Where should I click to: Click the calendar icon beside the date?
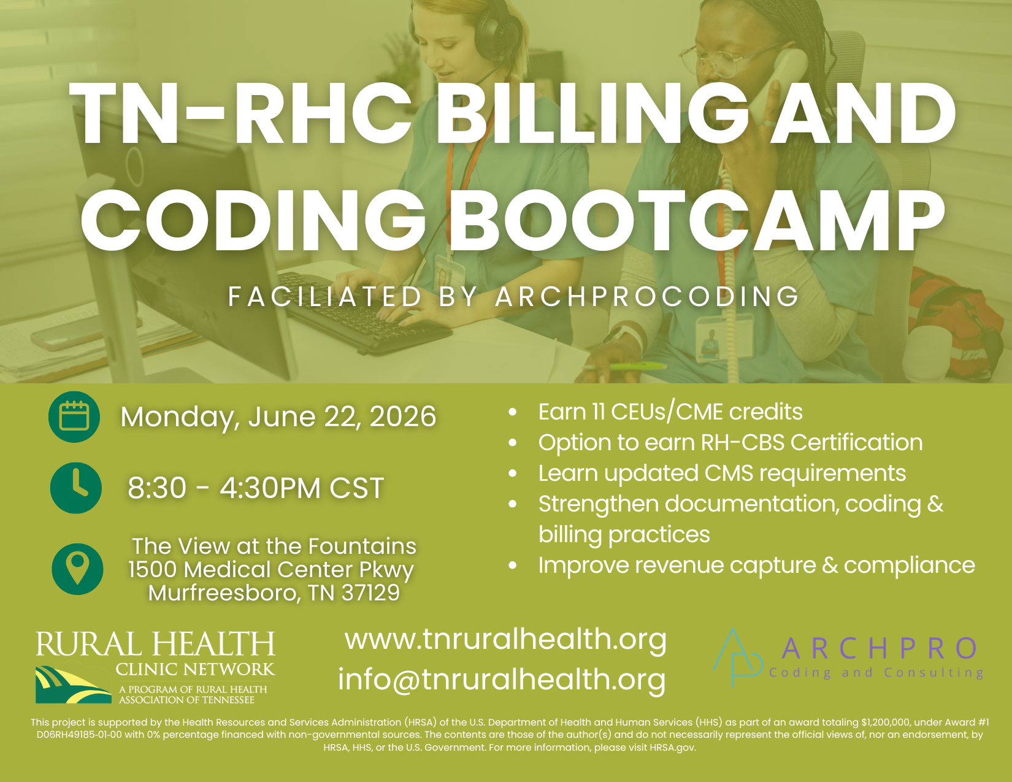pyautogui.click(x=74, y=416)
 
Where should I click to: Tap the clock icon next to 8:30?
pyautogui.click(x=76, y=488)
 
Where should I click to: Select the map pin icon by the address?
pyautogui.click(x=77, y=569)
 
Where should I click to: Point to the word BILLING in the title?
pyautogui.click(x=591, y=113)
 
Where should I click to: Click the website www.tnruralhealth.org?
pyautogui.click(x=506, y=639)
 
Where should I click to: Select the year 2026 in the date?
pyautogui.click(x=403, y=416)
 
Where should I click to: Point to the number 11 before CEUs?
pyautogui.click(x=598, y=412)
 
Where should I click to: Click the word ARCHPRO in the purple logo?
pyautogui.click(x=880, y=648)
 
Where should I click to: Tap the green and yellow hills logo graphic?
pyautogui.click(x=73, y=684)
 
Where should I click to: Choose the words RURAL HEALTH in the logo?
pyautogui.click(x=156, y=644)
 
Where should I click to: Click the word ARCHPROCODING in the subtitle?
pyautogui.click(x=647, y=297)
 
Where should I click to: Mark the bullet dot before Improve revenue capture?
pyautogui.click(x=513, y=565)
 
